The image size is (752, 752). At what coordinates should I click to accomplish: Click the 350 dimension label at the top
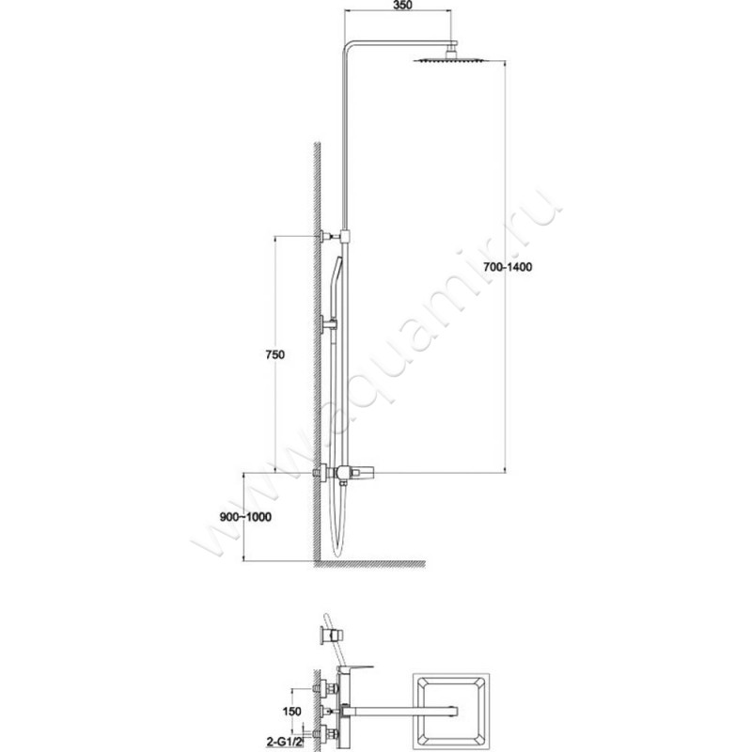click(402, 6)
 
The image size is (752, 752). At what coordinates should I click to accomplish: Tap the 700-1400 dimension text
click(508, 267)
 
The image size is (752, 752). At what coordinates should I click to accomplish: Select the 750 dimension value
click(274, 355)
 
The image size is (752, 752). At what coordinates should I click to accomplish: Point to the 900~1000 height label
click(245, 517)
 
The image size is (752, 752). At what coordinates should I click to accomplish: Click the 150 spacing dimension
click(291, 712)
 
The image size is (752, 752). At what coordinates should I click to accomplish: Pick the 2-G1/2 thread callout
click(286, 743)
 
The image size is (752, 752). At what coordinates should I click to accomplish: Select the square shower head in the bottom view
click(452, 712)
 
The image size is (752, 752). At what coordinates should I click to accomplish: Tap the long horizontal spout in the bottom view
click(399, 711)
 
